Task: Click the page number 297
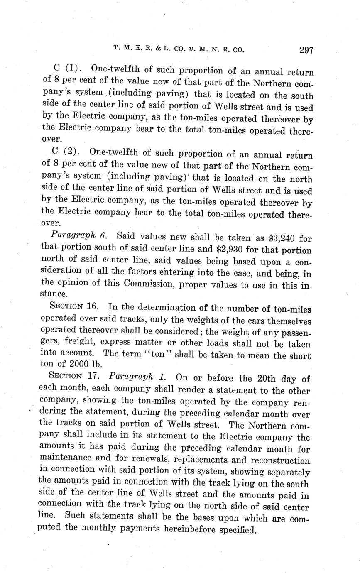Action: pos(306,50)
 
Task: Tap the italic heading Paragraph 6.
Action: pos(78,235)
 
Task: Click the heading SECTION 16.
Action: pos(73,307)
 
